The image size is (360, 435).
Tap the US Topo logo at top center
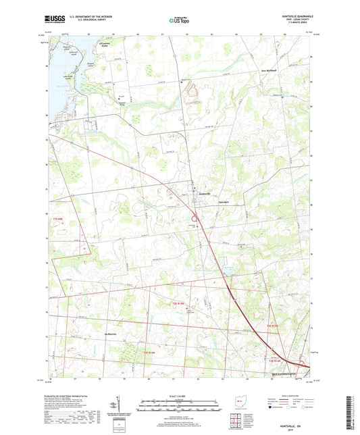coord(178,20)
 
